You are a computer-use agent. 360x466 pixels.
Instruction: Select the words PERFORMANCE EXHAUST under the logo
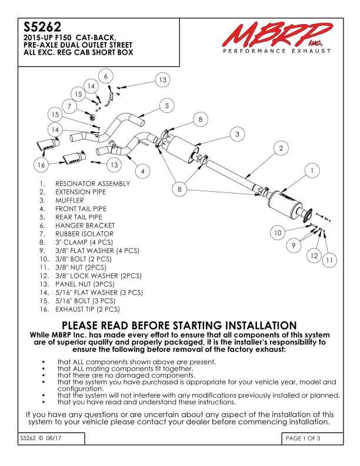[276, 51]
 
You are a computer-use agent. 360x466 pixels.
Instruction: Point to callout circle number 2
[281, 148]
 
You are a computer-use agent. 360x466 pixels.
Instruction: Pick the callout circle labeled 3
[236, 134]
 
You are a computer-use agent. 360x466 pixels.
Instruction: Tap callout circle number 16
[41, 165]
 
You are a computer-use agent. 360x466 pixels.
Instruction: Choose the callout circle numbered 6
[106, 76]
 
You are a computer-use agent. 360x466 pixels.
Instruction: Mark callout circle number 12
[314, 255]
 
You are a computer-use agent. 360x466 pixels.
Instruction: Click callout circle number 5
[167, 105]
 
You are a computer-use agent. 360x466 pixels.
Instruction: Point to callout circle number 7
[69, 106]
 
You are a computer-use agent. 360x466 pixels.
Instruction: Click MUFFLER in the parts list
[69, 200]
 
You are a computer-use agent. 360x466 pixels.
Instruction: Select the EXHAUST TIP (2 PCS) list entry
[87, 309]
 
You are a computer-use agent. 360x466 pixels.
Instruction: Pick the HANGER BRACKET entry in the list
[85, 225]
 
